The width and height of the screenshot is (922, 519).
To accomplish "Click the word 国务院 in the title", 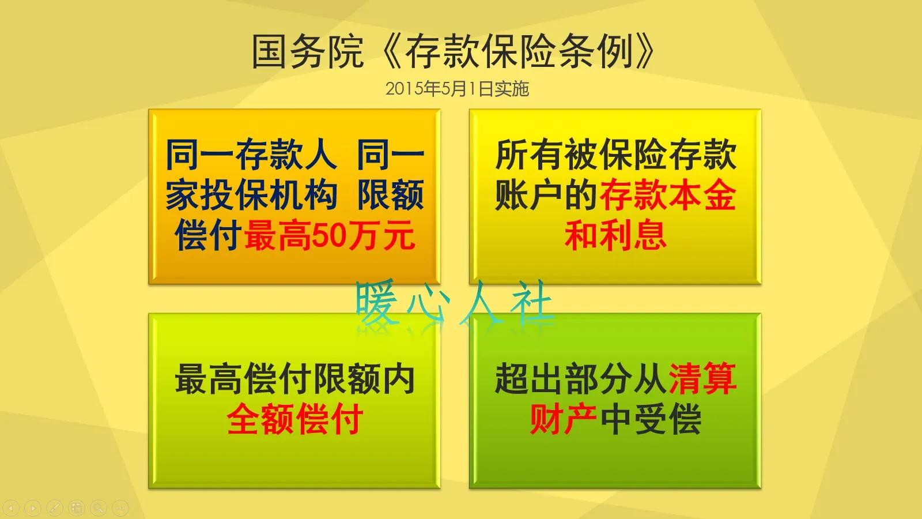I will (x=307, y=51).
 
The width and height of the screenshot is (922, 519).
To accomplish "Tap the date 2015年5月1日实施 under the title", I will (x=457, y=89).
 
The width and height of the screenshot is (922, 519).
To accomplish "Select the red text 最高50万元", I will (x=329, y=235).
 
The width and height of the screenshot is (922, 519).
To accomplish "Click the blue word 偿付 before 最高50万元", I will (x=207, y=235).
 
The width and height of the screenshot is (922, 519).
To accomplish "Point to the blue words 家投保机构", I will (x=251, y=195).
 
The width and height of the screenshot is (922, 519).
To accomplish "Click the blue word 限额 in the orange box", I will (x=391, y=195).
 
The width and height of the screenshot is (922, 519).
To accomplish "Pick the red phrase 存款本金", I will (x=668, y=195).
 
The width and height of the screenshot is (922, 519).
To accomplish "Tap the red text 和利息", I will (x=615, y=235).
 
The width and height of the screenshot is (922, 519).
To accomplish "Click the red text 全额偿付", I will (x=294, y=419).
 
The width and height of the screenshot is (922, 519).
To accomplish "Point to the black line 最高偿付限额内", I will (x=294, y=379).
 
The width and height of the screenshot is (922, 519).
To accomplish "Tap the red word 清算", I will (x=702, y=379).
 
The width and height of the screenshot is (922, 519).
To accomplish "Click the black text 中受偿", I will (x=651, y=419).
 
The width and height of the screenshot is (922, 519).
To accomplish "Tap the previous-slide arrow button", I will (x=12, y=508).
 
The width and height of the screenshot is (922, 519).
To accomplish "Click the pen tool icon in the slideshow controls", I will (x=55, y=508).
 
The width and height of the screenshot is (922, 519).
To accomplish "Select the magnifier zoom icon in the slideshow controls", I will (x=99, y=508).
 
